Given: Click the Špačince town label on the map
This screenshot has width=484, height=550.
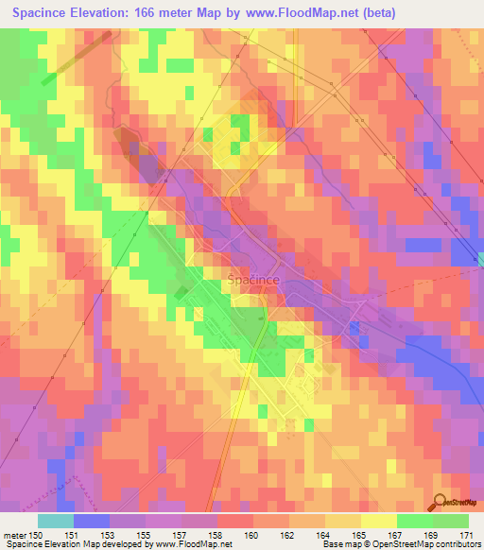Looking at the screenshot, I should pos(253,280).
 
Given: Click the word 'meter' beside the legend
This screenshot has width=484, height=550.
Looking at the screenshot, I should pos(13,535).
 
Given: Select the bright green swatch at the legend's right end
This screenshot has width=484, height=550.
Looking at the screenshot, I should pos(451,521).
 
